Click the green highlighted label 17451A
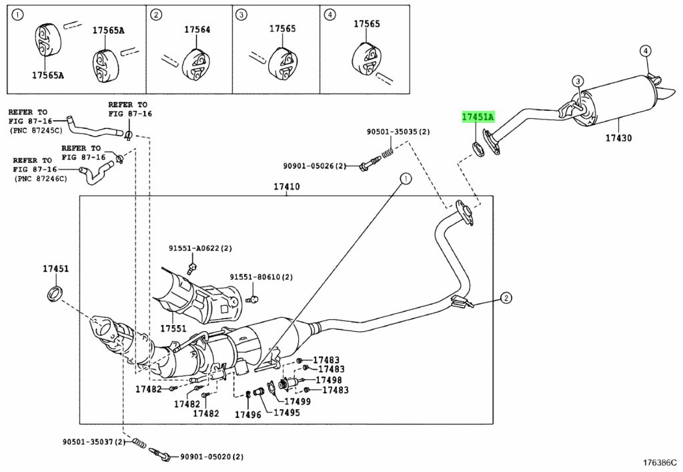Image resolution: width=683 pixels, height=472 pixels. tap(478, 117)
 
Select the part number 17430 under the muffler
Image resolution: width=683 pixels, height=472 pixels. tap(618, 138)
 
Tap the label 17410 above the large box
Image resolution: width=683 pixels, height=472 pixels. tap(287, 186)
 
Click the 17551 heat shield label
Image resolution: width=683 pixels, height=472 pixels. tap(173, 328)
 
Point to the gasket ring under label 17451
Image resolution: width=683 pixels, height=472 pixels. tap(55, 293)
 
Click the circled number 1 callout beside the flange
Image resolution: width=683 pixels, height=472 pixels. tap(406, 178)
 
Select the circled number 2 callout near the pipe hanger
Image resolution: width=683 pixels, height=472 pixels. tap(506, 298)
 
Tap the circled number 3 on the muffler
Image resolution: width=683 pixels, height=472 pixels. tap(578, 81)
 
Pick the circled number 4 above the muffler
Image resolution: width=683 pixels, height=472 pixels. tap(646, 51)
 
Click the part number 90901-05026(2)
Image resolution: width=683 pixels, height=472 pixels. tap(314, 166)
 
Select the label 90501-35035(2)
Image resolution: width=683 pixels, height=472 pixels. tap(398, 131)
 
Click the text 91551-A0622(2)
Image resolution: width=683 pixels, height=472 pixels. tap(200, 248)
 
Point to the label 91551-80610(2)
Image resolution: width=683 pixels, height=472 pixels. tap(261, 277)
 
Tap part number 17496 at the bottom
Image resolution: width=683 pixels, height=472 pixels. tap(248, 415)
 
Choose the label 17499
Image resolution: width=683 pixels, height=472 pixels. tap(297, 401)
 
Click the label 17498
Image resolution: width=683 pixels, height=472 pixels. tap(329, 380)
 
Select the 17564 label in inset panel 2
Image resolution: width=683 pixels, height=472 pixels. tap(197, 29)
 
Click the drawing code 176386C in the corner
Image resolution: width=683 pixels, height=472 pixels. tap(660, 462)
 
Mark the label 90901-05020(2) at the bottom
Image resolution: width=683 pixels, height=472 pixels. tap(211, 457)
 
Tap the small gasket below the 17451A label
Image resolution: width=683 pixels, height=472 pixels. tap(478, 149)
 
